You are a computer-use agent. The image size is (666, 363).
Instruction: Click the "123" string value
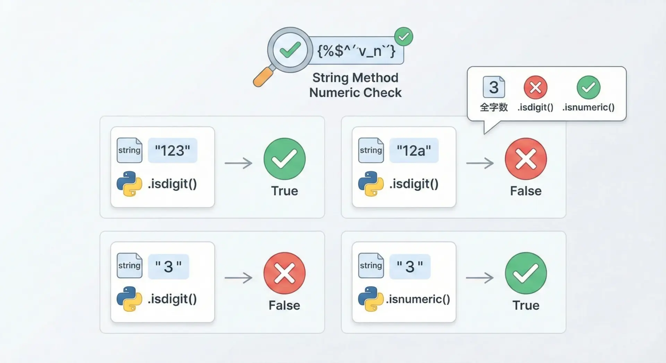172,150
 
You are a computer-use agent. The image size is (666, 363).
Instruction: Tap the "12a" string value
414,150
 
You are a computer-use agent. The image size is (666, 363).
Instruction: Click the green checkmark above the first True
284,159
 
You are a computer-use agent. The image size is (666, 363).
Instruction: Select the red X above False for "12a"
526,159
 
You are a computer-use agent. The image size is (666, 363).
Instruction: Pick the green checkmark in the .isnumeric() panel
526,273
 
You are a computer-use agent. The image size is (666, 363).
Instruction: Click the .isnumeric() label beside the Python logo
418,299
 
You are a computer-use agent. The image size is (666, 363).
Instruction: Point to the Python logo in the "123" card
129,184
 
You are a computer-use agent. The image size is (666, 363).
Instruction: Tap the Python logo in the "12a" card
371,184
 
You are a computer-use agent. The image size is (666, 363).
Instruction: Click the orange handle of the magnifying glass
263,77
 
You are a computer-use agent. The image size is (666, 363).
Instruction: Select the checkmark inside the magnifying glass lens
290,50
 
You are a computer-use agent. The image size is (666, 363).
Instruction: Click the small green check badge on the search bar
403,36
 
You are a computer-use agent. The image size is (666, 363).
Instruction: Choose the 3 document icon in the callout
494,87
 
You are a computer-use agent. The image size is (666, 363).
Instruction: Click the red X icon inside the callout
536,87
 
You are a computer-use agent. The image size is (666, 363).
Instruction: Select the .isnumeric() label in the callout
588,107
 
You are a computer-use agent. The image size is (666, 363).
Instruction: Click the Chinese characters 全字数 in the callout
494,107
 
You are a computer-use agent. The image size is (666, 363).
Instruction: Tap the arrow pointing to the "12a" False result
480,163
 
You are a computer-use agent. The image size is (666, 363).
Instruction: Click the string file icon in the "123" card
129,150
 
